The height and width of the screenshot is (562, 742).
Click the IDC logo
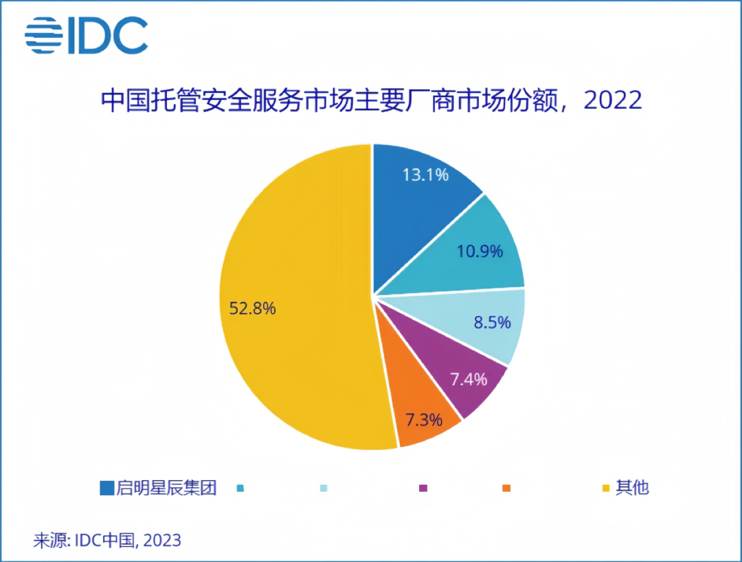pos(87,35)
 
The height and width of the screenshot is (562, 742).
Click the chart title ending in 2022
pos(372,100)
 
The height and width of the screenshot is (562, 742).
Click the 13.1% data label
pos(425,175)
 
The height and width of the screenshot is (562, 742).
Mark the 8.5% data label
pos(493,321)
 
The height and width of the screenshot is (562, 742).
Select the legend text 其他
pos(632,488)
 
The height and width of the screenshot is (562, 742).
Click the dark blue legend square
pos(106,488)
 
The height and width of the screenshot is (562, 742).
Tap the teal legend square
pos(240,488)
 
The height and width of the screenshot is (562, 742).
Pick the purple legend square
pos(423,488)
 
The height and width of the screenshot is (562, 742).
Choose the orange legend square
pos(506,488)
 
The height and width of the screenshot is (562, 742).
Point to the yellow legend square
pos(606,488)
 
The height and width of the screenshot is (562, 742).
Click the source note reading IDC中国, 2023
pos(107,540)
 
